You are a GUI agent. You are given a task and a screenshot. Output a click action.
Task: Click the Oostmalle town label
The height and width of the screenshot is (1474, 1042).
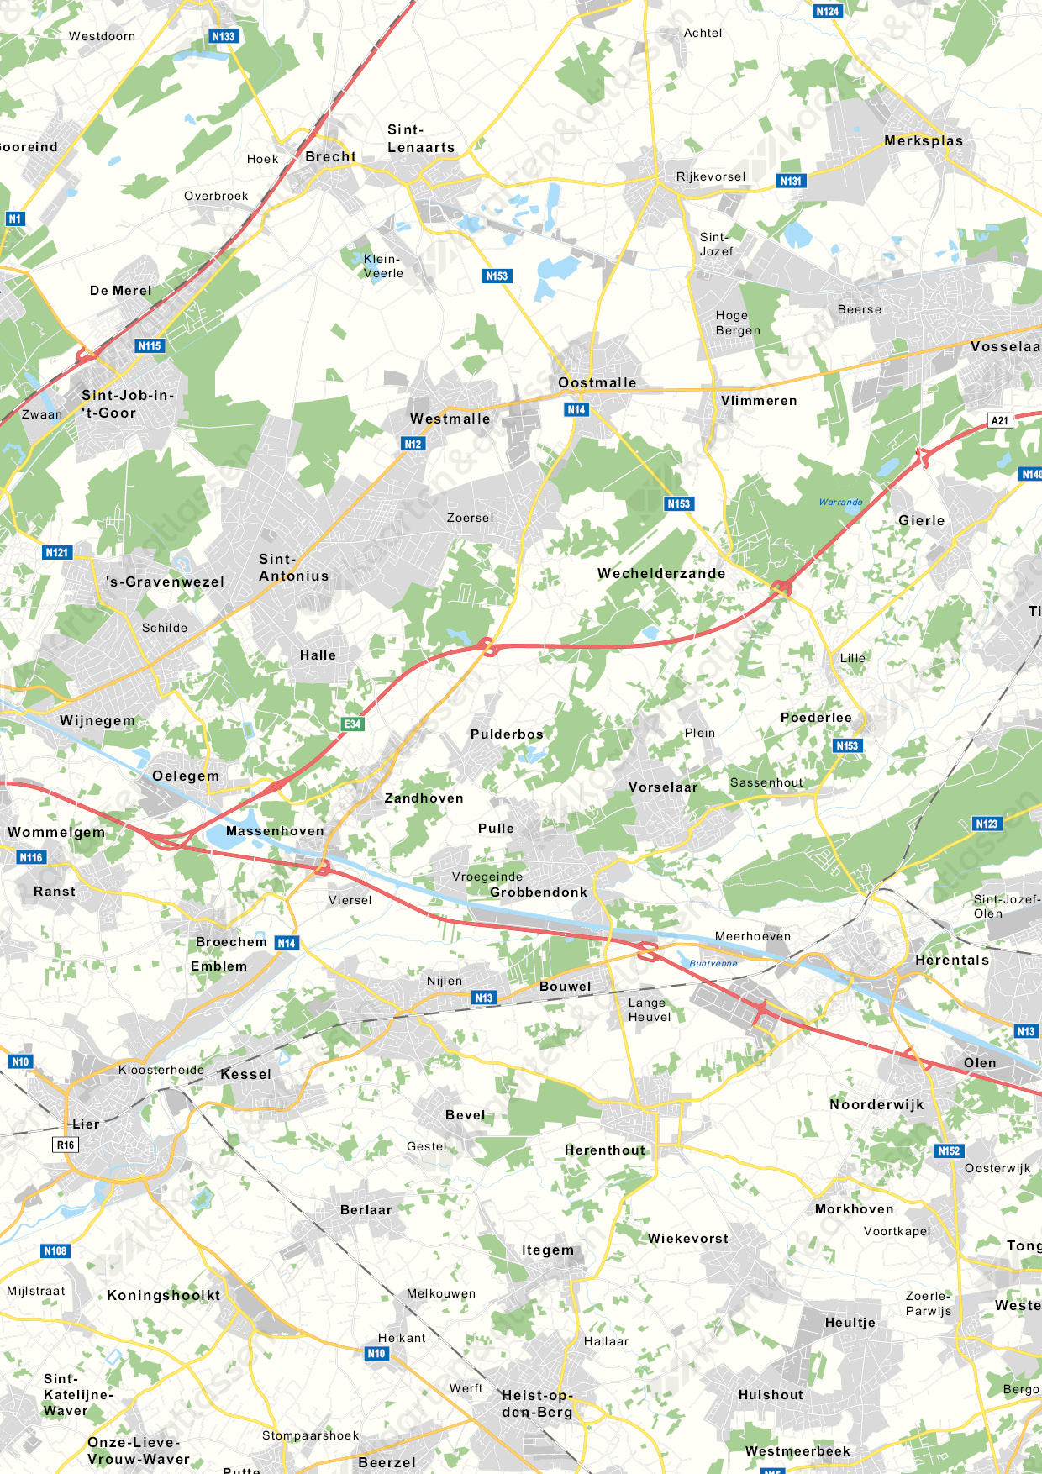[597, 382]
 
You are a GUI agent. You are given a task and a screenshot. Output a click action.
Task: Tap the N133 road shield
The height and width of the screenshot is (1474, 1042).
[224, 36]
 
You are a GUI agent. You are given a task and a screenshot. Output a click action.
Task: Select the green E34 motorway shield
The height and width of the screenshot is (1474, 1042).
[352, 724]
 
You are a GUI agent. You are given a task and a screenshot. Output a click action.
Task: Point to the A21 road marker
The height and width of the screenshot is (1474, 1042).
[999, 420]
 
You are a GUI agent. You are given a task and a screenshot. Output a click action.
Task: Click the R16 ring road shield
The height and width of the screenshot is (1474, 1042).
[66, 1145]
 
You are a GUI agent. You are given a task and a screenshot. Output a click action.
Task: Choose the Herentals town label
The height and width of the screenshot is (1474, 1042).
[951, 960]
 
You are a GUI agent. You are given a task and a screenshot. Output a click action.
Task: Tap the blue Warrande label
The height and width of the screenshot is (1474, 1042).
[840, 502]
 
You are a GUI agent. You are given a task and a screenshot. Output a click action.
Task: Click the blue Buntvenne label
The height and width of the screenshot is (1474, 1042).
[713, 963]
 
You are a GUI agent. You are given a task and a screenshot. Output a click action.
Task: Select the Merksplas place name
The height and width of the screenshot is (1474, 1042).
[923, 140]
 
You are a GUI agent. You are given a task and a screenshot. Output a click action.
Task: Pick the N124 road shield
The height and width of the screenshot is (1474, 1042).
[828, 11]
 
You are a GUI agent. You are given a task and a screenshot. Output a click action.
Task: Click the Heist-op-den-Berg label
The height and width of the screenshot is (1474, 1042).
[537, 1403]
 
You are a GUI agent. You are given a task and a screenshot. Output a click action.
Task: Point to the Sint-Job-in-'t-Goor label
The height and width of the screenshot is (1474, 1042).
[128, 403]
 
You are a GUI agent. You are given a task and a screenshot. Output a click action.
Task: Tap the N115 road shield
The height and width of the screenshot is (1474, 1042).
[150, 345]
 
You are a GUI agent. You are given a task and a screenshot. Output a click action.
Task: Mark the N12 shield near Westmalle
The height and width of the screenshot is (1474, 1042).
[413, 444]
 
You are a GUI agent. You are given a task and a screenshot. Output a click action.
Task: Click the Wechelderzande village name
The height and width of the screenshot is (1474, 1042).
[661, 573]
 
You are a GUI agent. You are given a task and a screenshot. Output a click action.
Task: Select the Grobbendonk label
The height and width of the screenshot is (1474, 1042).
[538, 892]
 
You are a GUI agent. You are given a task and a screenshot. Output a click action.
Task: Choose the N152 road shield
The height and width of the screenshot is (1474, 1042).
[949, 1150]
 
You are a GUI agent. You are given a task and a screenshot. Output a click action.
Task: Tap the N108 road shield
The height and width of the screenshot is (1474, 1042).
[55, 1250]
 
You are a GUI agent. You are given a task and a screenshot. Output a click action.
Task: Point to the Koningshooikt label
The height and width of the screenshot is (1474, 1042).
[163, 1295]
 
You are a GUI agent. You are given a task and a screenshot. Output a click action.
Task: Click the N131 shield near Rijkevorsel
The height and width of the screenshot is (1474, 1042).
[791, 181]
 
